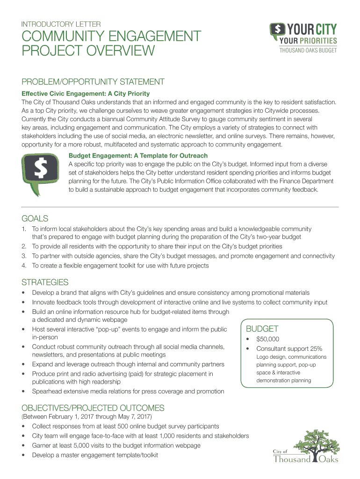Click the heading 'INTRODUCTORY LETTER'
[58, 23]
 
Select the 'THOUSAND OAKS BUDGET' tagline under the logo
[308, 51]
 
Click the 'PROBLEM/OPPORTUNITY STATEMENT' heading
[93, 82]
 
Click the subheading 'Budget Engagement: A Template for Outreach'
[138, 155]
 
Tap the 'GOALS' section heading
[35, 218]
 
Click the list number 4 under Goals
[24, 265]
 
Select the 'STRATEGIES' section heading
[45, 282]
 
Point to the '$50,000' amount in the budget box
[267, 339]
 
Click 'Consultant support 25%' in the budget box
[289, 348]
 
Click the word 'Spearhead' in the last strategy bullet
[47, 391]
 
